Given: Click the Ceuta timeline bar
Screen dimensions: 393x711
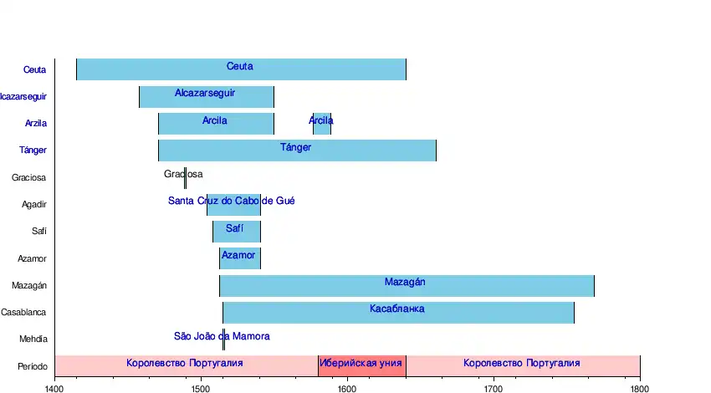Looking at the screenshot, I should pos(241,69).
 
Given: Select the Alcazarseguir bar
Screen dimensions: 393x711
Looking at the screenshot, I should pos(207,96).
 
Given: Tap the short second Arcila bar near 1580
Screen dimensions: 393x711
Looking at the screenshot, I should pos(322,124).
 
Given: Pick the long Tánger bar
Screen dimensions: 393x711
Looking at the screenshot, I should pos(297,151).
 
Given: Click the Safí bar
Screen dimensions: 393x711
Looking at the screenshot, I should pos(237,231).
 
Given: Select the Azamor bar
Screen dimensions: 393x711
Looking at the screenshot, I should pos(240,258).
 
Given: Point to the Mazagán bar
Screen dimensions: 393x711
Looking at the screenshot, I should pos(407,285).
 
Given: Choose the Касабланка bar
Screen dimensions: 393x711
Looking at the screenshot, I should pos(398,312).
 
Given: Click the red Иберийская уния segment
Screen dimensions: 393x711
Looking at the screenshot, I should pos(362,365).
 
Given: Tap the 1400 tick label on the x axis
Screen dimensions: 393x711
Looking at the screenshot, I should pos(54,388).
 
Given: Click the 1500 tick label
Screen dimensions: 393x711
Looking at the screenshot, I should pos(201,388).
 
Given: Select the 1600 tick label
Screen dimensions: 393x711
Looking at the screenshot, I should pos(347,388).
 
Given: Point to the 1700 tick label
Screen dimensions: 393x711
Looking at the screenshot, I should pos(494,388).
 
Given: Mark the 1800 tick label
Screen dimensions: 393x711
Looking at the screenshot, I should pos(640,388).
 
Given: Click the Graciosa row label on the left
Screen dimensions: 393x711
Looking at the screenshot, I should pos(29,177).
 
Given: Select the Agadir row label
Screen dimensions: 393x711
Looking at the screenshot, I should pos(33,204).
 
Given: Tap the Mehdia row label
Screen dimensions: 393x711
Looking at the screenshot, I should pos(33,339).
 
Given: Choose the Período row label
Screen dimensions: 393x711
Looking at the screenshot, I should pos(32,366).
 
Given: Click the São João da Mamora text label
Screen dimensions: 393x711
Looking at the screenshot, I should pos(222,336).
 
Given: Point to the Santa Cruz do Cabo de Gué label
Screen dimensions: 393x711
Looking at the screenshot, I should pos(231,201).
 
